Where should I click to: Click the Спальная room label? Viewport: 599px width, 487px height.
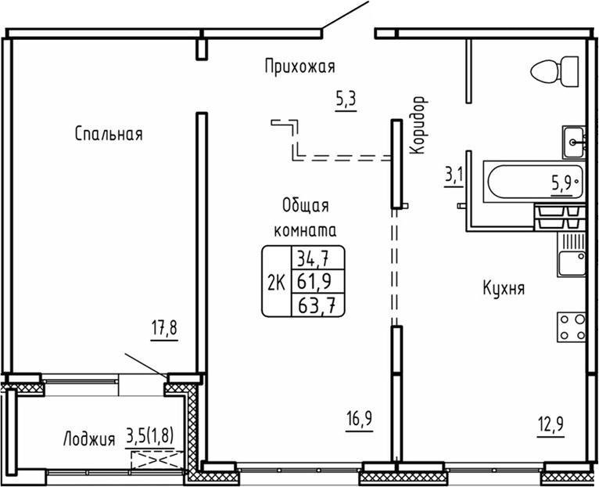(x=109, y=134)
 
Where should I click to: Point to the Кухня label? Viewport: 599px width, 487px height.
(x=503, y=288)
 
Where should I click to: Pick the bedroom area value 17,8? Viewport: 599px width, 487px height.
(x=164, y=327)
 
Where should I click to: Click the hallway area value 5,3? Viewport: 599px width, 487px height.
(x=346, y=99)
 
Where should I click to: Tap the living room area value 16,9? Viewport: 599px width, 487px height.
(x=359, y=419)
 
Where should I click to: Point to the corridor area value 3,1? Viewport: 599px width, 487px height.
(x=454, y=174)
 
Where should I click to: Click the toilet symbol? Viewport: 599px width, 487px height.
(x=554, y=72)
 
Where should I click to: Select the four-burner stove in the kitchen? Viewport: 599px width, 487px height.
(x=572, y=326)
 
